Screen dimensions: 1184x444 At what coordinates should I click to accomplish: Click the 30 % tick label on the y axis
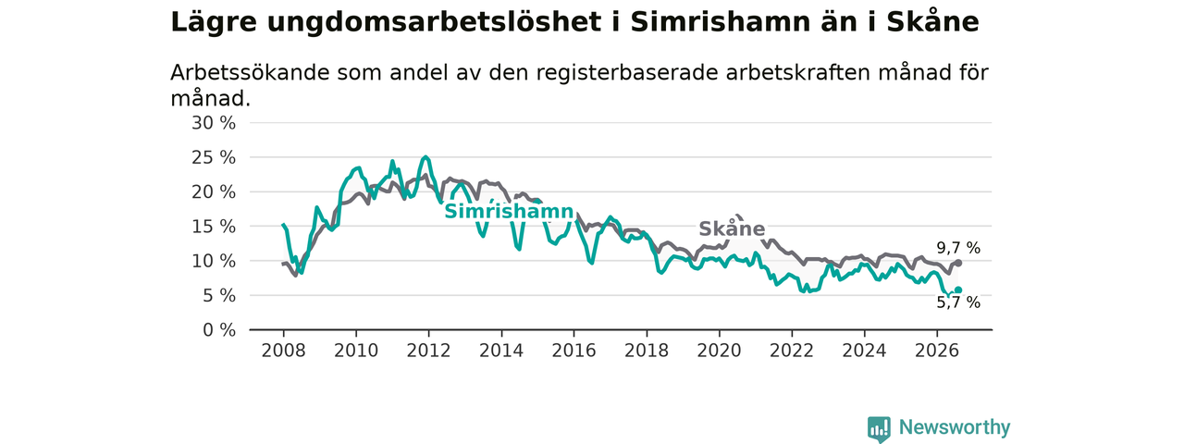click(214, 123)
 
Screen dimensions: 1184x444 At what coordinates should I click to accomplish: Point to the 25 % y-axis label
click(214, 157)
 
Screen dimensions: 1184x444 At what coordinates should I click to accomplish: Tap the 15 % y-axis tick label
click(214, 227)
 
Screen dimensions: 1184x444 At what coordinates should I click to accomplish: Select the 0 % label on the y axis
click(219, 330)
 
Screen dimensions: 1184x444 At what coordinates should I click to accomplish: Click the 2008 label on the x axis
click(283, 351)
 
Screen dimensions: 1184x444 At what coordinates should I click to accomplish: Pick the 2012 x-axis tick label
click(428, 351)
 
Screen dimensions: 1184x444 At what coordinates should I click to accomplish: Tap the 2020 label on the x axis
click(719, 351)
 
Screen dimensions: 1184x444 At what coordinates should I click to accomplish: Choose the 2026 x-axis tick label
click(937, 351)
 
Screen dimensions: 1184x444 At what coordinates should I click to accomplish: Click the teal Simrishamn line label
click(509, 212)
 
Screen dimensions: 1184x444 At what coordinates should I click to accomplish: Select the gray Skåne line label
click(732, 228)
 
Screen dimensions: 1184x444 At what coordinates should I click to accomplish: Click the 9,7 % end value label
click(958, 248)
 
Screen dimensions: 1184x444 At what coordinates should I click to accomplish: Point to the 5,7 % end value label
click(958, 302)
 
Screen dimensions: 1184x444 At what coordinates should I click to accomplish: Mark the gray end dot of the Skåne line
click(958, 263)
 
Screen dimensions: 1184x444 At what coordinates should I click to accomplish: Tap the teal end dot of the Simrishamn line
click(958, 290)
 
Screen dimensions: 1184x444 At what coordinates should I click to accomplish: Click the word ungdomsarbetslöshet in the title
click(435, 23)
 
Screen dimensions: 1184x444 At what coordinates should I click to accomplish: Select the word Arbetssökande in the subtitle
click(250, 73)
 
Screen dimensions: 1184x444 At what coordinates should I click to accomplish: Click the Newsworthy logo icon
click(879, 428)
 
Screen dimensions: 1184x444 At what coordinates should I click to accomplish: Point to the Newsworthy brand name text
click(955, 427)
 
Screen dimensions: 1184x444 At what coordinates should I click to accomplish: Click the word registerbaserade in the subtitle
click(627, 73)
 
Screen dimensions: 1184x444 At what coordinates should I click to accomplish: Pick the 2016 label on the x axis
click(574, 351)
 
